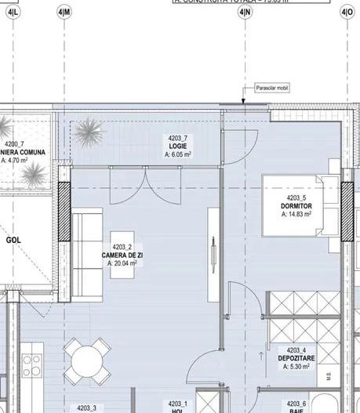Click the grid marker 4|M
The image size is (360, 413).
click(x=64, y=13)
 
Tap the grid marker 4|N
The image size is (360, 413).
click(x=246, y=13)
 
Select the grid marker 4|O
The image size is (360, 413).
click(x=347, y=13)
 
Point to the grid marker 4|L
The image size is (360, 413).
click(x=13, y=13)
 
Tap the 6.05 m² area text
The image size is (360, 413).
click(x=179, y=155)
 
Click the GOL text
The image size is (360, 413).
click(x=14, y=241)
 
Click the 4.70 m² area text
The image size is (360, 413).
click(x=14, y=160)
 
